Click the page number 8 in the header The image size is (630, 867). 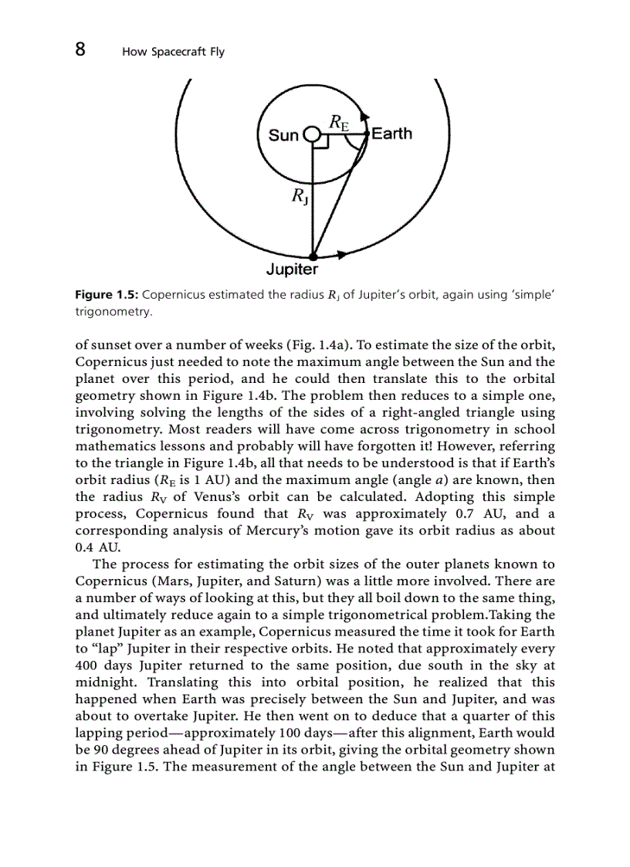[x=80, y=50]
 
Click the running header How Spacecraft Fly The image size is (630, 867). [x=173, y=52]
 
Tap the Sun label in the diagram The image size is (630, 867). [x=283, y=136]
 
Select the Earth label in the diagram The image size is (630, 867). [x=391, y=134]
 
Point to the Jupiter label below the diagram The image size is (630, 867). [x=292, y=269]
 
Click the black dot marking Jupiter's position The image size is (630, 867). [x=313, y=257]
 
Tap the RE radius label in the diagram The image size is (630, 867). [x=338, y=120]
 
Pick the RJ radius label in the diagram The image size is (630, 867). [x=300, y=197]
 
